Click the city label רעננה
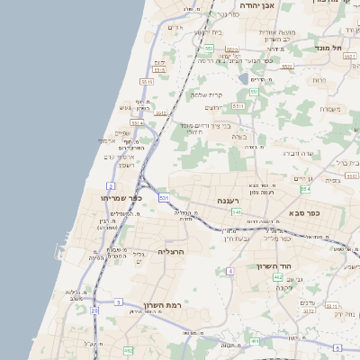[226, 200]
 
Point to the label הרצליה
[170, 251]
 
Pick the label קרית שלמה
[206, 94]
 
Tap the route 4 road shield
[230, 270]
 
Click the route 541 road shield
[236, 211]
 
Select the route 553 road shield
[208, 49]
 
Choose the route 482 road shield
[128, 349]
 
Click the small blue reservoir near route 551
[244, 79]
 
